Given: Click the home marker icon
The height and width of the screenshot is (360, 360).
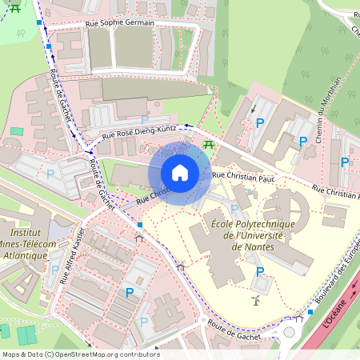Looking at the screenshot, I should point(180,173).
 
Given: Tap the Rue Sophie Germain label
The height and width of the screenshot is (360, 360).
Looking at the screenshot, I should point(119,23).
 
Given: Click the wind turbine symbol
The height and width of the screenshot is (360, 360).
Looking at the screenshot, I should point(256,301).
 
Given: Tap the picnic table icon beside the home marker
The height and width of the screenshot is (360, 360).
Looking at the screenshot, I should point(209,144).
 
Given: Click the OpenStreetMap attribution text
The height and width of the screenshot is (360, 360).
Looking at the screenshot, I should point(81,354).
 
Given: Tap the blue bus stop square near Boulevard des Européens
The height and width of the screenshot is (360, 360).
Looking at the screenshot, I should point(310,312).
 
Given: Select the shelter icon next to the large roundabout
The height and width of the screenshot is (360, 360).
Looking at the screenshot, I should point(299,318).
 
